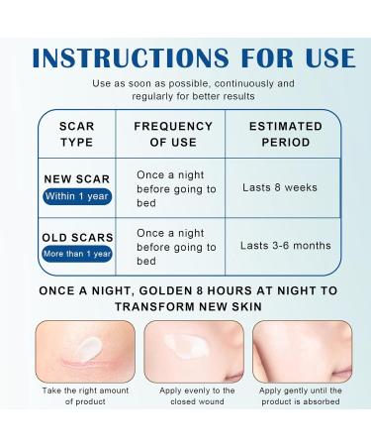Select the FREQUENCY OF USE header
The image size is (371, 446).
(173, 135)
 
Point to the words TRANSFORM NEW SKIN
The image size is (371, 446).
(186, 307)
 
